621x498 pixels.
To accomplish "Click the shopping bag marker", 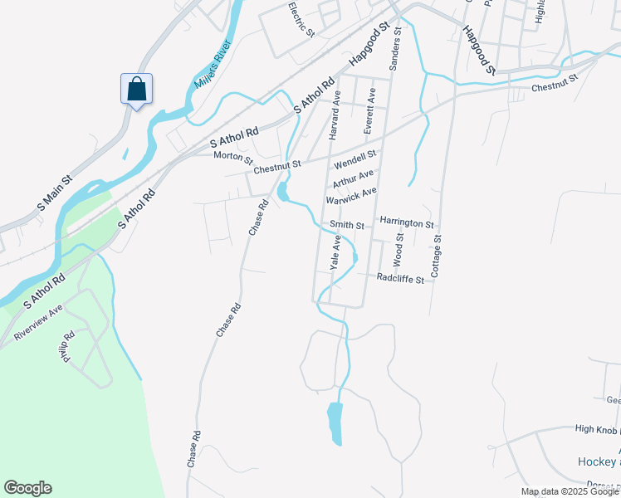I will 136,89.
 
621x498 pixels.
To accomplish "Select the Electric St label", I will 301,19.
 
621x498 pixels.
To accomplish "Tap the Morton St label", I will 232,156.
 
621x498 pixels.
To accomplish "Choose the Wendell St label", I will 355,155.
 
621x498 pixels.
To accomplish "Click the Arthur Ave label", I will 353,179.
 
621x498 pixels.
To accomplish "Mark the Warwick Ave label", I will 351,196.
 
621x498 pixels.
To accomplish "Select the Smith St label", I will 347,225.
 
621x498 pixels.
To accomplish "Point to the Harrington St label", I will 407,223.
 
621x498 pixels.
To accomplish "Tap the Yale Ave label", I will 335,252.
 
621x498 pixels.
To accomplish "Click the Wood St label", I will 399,249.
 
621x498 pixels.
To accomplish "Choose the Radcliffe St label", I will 400,279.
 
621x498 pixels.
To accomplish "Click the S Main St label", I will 56,191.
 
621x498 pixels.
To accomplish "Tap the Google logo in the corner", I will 27,488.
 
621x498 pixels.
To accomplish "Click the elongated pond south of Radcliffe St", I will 335,422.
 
